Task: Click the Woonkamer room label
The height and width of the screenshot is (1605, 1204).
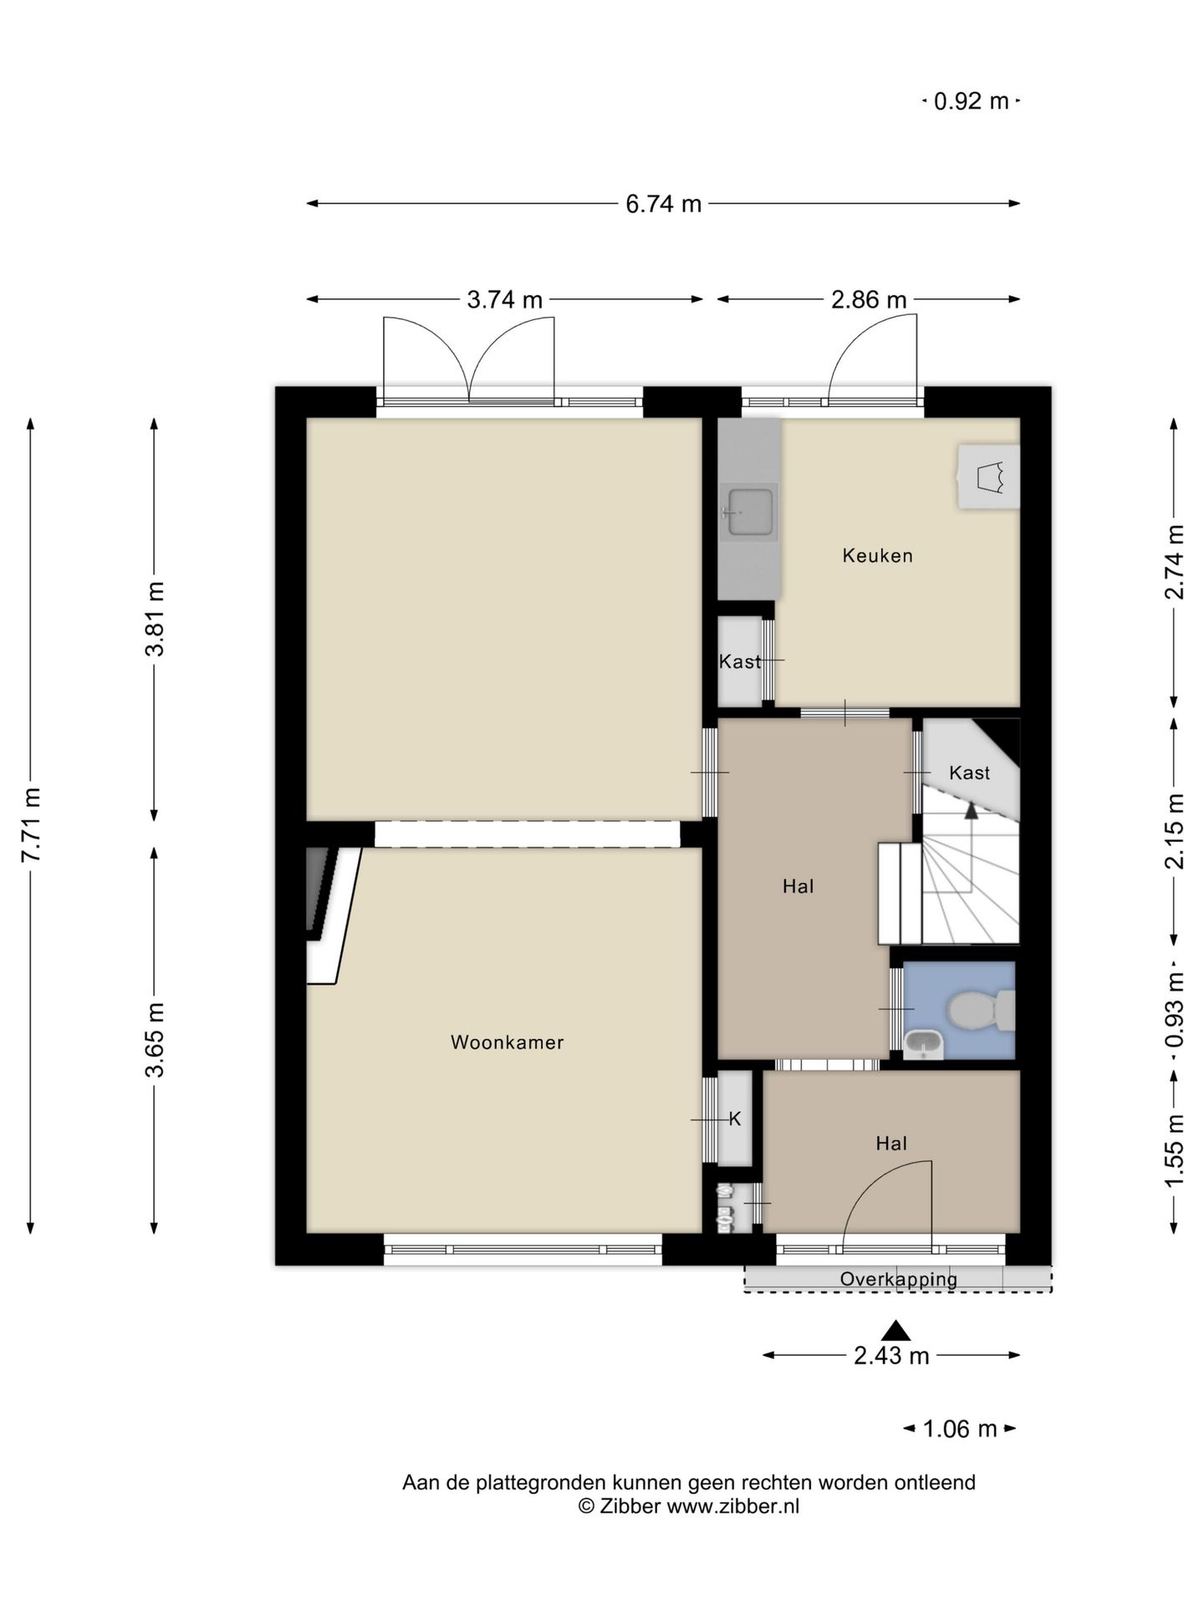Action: [x=507, y=1042]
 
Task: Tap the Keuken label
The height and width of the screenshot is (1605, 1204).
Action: [x=877, y=555]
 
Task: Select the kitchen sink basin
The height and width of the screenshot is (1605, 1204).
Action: [x=750, y=512]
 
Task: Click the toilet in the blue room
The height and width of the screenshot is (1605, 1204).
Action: [x=981, y=1011]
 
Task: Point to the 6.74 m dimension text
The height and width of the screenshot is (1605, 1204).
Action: [x=664, y=204]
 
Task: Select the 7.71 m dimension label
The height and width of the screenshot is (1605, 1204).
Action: [x=31, y=824]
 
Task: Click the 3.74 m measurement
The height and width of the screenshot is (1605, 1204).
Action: [x=504, y=299]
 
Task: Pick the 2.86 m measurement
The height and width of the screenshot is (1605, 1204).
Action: [x=869, y=299]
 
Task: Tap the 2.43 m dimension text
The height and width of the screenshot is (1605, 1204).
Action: [x=891, y=1355]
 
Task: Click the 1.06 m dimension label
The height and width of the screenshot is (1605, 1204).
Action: [x=960, y=1429]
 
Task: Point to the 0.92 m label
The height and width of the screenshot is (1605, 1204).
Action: [x=971, y=101]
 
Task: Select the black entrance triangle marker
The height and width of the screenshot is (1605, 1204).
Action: [x=895, y=1330]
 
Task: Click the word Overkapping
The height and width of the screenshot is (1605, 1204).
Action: [x=899, y=1279]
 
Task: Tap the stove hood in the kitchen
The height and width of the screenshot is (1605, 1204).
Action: [x=988, y=476]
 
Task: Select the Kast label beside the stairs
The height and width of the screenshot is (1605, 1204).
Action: [x=969, y=772]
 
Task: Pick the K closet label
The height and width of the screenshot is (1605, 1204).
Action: [x=735, y=1119]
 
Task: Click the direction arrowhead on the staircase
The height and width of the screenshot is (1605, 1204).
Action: [x=970, y=809]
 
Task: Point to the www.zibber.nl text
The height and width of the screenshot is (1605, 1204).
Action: [x=732, y=1506]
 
